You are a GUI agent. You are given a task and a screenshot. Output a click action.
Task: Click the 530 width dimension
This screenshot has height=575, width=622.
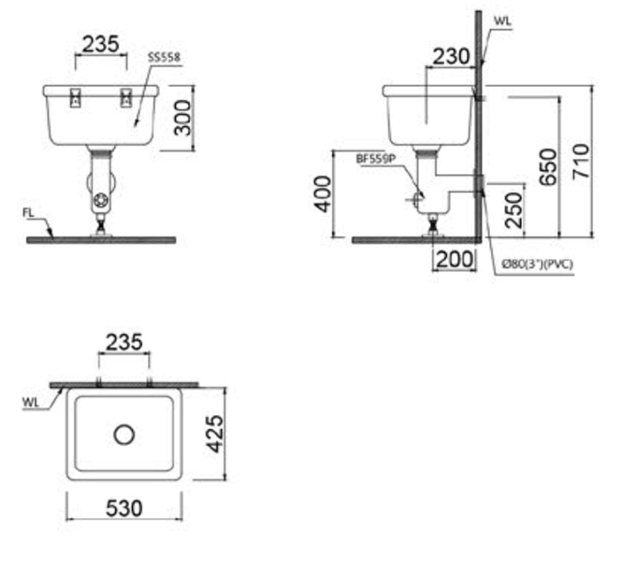pyautogui.click(x=123, y=508)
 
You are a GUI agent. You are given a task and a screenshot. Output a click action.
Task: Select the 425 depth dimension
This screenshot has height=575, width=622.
pyautogui.click(x=216, y=434)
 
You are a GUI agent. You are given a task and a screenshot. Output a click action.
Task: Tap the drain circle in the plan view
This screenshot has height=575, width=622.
pyautogui.click(x=124, y=434)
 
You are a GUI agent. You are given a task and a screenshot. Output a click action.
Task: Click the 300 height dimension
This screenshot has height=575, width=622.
pyautogui.click(x=183, y=118)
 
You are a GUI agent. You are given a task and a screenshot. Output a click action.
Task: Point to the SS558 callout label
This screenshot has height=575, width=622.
pyautogui.click(x=165, y=58)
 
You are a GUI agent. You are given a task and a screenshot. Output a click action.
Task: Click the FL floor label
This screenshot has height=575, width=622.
pyautogui.click(x=29, y=213)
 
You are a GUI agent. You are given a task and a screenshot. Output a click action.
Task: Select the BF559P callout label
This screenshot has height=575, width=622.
pyautogui.click(x=376, y=160)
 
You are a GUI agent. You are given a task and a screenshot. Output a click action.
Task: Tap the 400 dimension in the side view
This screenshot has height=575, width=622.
pyautogui.click(x=322, y=194)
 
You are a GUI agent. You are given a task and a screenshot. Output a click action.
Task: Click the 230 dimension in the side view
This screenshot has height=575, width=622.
pyautogui.click(x=451, y=56)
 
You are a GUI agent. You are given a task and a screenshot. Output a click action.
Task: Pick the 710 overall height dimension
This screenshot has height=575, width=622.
pyautogui.click(x=581, y=162)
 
